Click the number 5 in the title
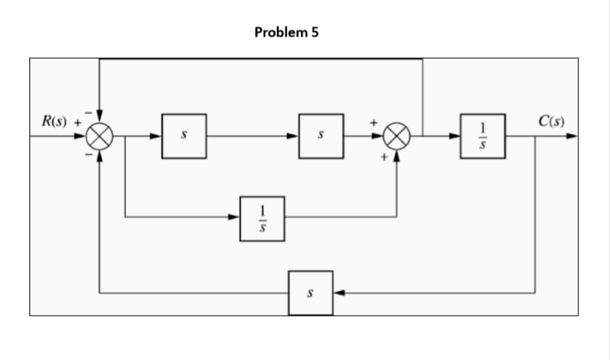click(314, 33)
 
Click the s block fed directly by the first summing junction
click(183, 137)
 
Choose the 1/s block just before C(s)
click(482, 137)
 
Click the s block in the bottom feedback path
click(311, 293)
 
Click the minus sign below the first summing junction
click(88, 157)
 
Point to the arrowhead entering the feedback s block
click(339, 293)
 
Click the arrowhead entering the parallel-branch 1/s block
click(236, 218)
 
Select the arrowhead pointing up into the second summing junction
click(396, 156)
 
